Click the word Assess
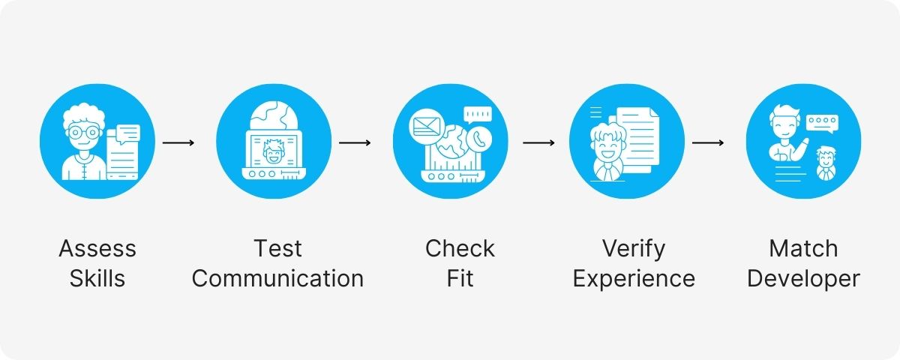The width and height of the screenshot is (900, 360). [x=97, y=248]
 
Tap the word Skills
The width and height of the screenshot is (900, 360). [x=97, y=279]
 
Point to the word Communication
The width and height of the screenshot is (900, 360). [x=277, y=279]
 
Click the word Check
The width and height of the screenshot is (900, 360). [x=460, y=248]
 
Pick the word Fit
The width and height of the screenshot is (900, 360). [x=460, y=279]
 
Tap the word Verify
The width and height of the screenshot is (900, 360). [x=634, y=248]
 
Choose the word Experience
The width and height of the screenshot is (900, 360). [x=634, y=279]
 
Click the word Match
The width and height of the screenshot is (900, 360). [x=803, y=248]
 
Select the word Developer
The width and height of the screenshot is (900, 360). [x=803, y=279]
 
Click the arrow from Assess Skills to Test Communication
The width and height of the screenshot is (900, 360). [x=178, y=142]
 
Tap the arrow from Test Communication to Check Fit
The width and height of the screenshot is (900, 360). [x=355, y=142]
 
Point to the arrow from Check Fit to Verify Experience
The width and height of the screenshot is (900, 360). [x=538, y=142]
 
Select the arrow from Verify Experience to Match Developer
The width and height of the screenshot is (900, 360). [x=707, y=142]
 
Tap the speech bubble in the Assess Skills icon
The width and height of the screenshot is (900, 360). [x=128, y=133]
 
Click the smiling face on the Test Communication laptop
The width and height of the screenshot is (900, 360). [x=271, y=157]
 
